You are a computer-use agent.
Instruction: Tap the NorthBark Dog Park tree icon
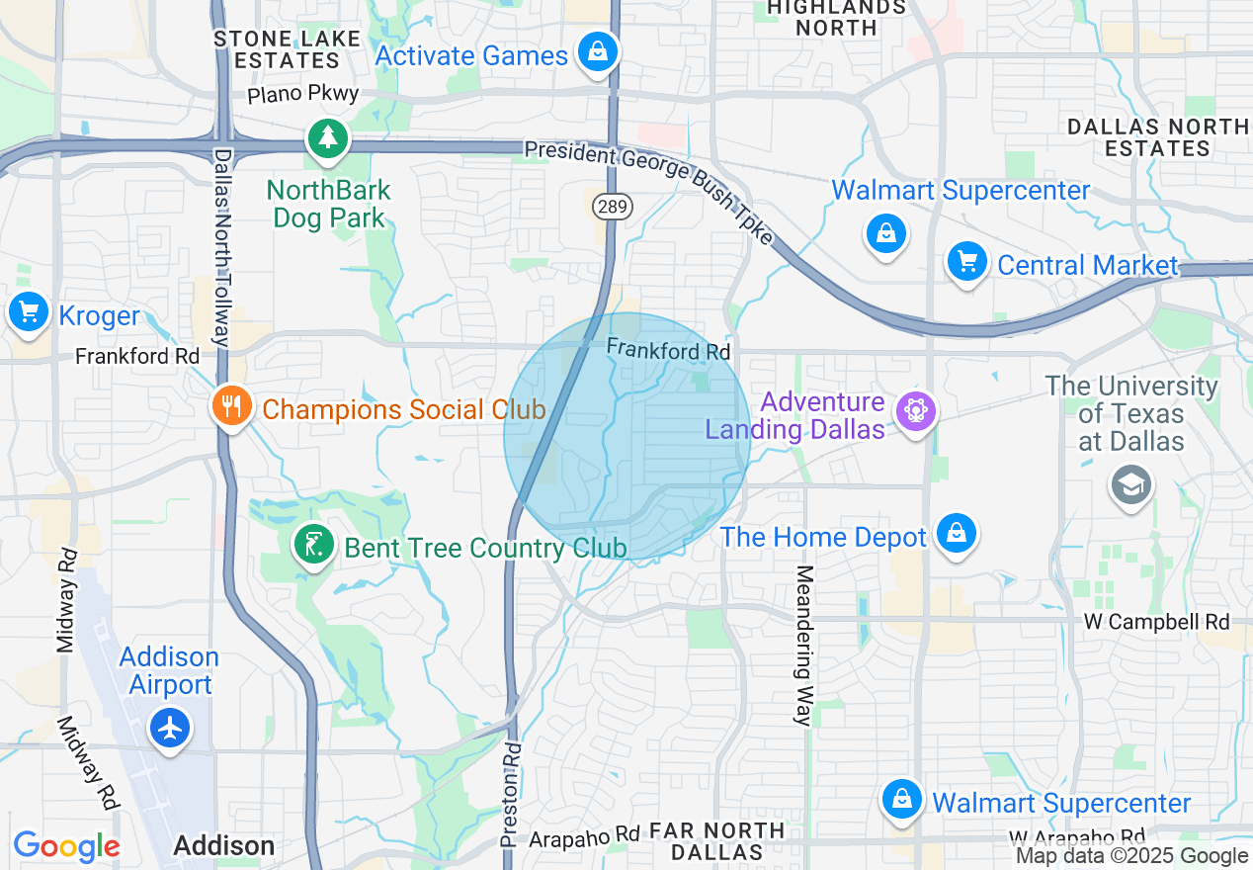328,138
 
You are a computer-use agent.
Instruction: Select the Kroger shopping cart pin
29,312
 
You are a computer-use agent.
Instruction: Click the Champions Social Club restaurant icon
230,405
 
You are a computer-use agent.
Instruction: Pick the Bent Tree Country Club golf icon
313,544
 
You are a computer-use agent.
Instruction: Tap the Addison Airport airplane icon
171,729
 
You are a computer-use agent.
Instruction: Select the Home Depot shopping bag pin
956,534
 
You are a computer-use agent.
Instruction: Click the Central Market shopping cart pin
966,262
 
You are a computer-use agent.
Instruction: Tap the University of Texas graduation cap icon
1130,484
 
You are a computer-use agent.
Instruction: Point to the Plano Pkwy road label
302,95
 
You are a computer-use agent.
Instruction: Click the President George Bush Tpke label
652,188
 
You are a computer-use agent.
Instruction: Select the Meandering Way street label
803,645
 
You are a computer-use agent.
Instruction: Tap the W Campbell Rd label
1156,622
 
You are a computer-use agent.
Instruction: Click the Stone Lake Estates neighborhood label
277,49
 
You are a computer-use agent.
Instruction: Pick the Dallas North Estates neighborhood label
1157,137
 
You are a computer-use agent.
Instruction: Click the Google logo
66,846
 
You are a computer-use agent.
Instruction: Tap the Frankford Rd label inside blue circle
668,350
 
